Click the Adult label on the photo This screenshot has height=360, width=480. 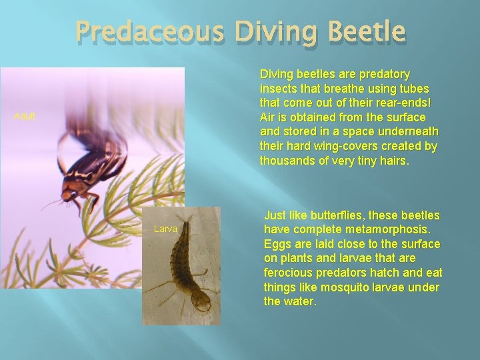click(25, 117)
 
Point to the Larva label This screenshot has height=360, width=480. click(165, 229)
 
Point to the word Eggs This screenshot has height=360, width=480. click(278, 244)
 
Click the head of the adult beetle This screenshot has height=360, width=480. click(69, 195)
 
